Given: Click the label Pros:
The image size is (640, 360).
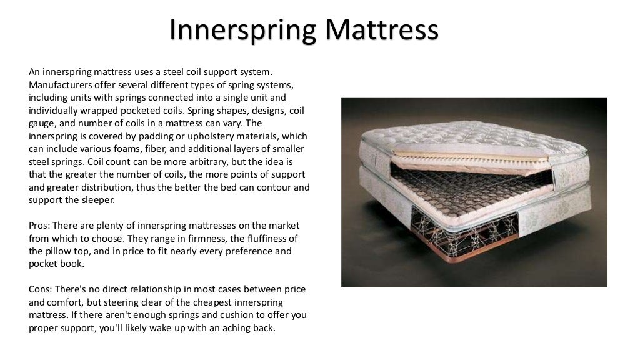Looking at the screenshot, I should click(x=39, y=226).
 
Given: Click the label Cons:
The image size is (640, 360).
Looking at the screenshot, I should click(x=40, y=290).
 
